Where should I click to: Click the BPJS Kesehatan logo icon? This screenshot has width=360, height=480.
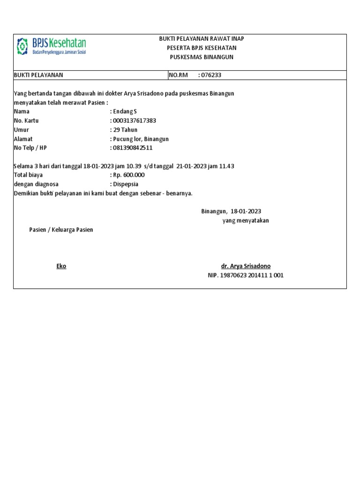pos(22,46)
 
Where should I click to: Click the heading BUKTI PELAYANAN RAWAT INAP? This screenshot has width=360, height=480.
pos(202,38)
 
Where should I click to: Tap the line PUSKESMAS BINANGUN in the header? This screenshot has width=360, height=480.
pos(202,57)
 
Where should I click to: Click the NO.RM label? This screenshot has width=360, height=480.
pos(177,75)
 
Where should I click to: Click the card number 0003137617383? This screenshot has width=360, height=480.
pos(133,120)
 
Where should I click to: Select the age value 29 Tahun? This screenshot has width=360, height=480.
pos(123,130)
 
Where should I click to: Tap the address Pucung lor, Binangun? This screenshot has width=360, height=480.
pos(139,139)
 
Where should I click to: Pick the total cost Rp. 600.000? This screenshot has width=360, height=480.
pos(127,175)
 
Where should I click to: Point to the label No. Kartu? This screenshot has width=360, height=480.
pos(26,120)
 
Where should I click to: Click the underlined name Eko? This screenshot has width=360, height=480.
pos(61,266)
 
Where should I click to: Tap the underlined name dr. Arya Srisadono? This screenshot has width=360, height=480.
pos(249,266)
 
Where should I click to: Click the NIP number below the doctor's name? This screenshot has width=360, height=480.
pos(246,276)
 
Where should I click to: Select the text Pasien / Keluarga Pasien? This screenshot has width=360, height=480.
pos(61,230)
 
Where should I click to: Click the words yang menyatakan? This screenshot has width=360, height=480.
pos(246,221)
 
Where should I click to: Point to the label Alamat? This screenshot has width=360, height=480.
pos(23,139)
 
